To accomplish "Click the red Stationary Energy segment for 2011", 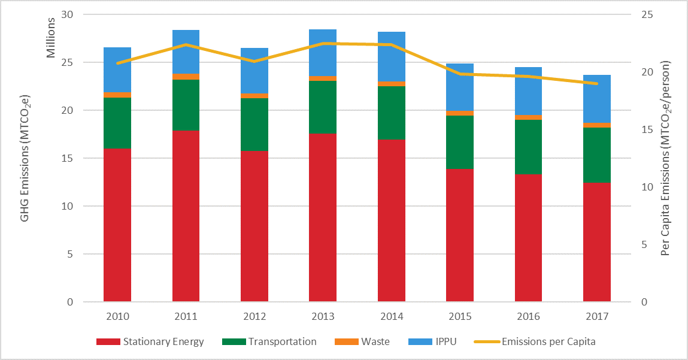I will click(186, 216).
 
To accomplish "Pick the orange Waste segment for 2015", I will click(460, 113).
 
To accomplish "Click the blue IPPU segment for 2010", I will click(117, 69).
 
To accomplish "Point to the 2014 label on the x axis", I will click(391, 316).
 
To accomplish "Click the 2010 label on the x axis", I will click(117, 316).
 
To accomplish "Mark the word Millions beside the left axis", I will click(51, 38).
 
